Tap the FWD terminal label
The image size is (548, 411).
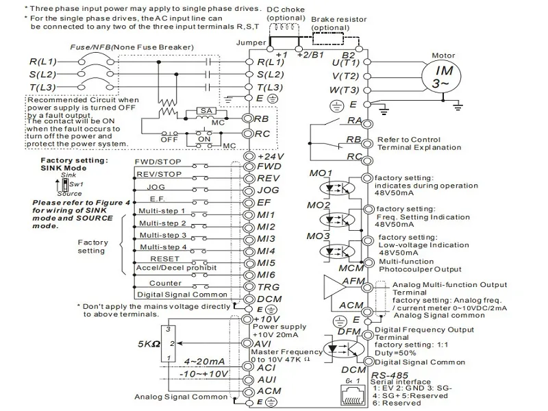269,166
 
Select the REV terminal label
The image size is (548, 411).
269,178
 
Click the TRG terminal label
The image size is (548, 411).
269,287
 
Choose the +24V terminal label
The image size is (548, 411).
271,155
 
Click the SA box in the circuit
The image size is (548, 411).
205,110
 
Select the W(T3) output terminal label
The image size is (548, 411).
345,90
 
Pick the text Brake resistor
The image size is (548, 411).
336,21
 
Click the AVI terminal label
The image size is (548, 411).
266,342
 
